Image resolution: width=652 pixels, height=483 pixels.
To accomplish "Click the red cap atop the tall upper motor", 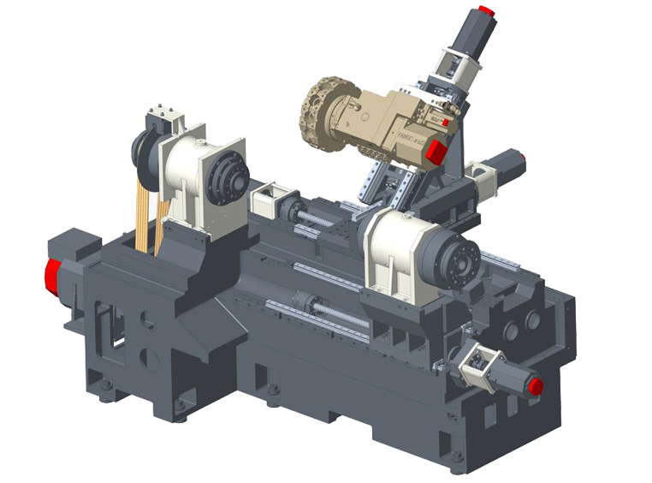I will tap(485, 11).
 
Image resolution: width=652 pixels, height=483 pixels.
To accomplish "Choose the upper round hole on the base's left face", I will tap(148, 321).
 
